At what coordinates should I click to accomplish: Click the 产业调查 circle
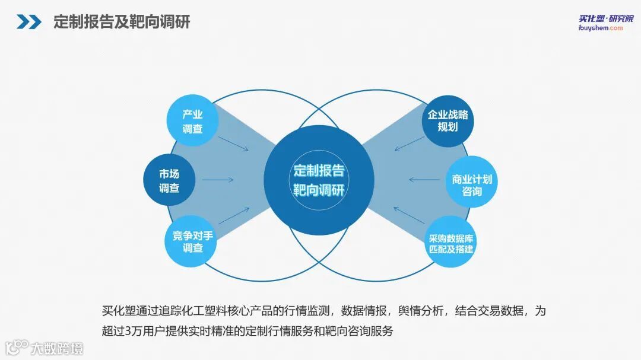[x=192, y=121]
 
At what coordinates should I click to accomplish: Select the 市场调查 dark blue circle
[x=169, y=180]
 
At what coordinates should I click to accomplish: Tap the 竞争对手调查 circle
[x=192, y=241]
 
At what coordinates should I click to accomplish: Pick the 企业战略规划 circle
[x=448, y=120]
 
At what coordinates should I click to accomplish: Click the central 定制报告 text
[x=319, y=171]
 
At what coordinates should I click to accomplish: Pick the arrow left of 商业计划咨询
[x=423, y=179]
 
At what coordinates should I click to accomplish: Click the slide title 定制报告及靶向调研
[x=122, y=23]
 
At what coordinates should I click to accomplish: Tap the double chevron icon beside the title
[x=28, y=23]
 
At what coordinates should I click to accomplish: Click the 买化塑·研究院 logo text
[x=606, y=18]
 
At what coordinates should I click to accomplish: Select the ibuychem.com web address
[x=601, y=28]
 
